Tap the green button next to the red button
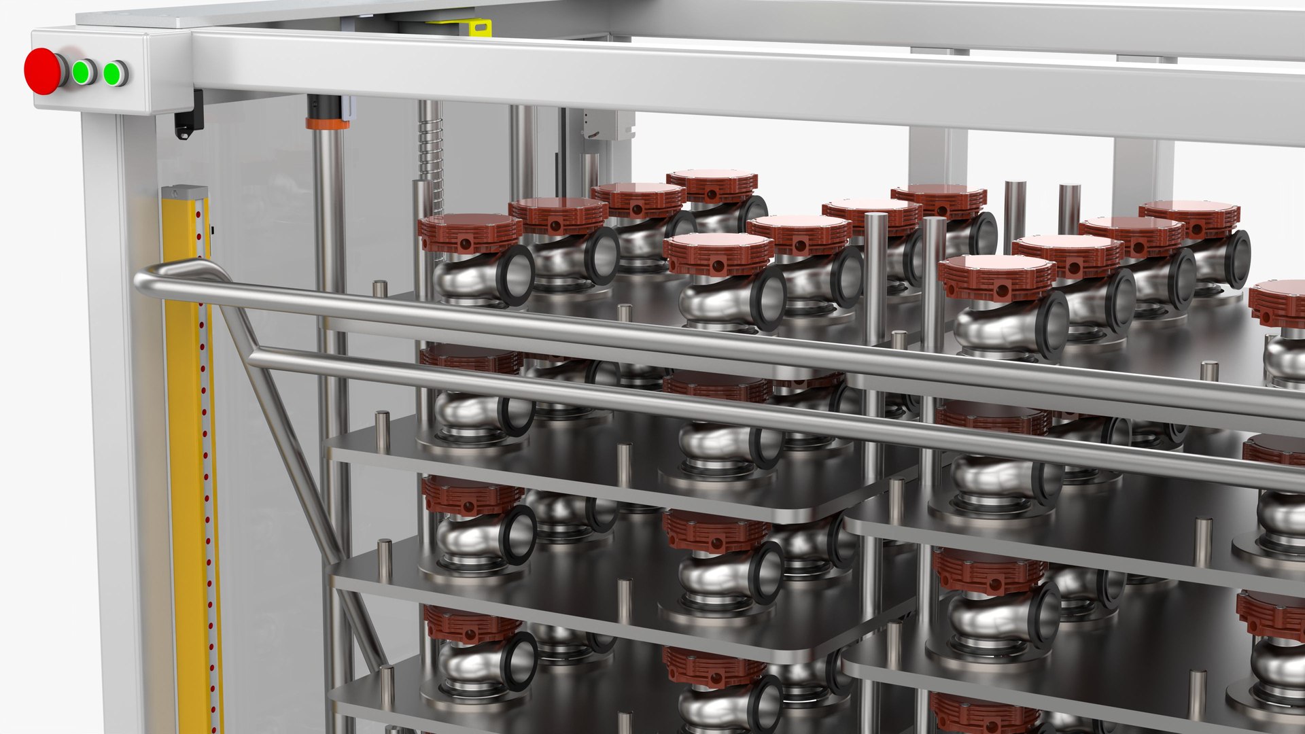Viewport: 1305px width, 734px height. pos(83,72)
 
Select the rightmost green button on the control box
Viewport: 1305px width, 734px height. pos(114,73)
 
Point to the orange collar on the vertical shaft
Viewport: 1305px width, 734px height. pos(327,124)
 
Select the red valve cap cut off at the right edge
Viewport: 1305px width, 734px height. pos(1278,303)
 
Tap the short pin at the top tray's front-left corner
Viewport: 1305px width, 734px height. pos(380,288)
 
